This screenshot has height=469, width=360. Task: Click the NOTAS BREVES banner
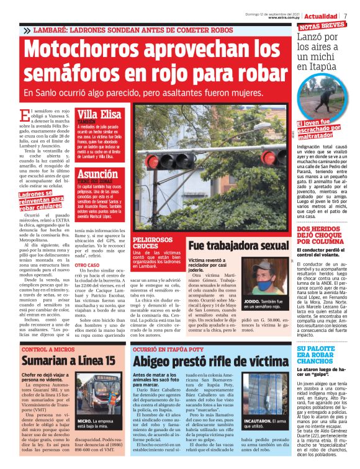tap(323, 27)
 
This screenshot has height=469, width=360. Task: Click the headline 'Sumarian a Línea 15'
tap(69, 360)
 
